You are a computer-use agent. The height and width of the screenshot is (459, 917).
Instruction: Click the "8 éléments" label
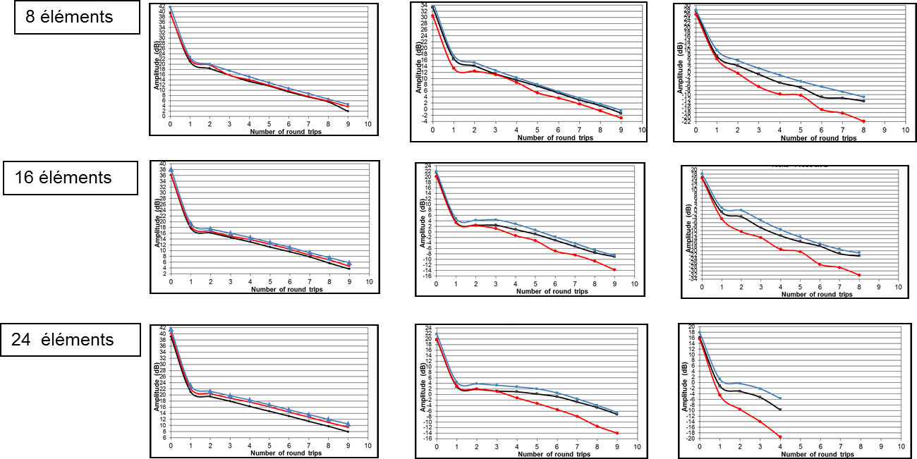(69, 17)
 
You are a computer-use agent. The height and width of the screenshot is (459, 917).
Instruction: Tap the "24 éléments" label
(62, 340)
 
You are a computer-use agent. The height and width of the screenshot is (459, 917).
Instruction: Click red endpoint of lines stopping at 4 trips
(780, 436)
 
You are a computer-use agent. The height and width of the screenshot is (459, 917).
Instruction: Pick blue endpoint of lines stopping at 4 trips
(780, 398)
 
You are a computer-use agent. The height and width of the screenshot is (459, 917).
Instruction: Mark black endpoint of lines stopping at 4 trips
(780, 409)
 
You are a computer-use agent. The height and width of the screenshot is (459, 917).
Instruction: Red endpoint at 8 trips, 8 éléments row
(863, 121)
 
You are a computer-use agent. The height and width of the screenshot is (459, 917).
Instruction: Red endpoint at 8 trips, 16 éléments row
(859, 275)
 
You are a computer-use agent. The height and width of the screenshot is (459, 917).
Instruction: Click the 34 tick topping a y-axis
(424, 6)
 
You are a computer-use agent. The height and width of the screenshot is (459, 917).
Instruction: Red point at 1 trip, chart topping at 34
(453, 68)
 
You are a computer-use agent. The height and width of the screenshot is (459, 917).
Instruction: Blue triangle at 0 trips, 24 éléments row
(171, 329)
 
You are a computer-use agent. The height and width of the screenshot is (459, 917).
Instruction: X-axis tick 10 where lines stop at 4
(899, 446)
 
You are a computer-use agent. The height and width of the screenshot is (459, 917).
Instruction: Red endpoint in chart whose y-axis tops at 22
(614, 269)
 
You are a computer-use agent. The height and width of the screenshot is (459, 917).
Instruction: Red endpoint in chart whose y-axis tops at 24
(617, 433)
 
